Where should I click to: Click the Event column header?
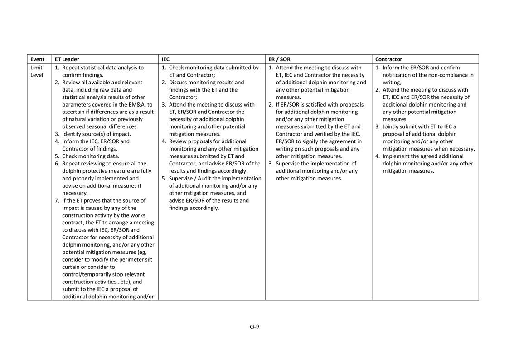tap(38, 59)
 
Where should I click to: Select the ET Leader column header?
tap(67, 59)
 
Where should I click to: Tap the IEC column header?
tap(166, 59)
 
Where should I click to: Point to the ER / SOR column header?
tap(279, 59)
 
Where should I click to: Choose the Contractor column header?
tap(388, 59)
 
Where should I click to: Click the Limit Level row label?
tap(37, 71)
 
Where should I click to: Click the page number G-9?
tap(254, 326)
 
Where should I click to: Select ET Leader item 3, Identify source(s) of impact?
tap(96, 134)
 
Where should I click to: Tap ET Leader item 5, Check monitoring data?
tap(91, 156)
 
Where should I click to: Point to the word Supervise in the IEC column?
tap(181, 179)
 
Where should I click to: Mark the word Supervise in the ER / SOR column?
tap(288, 164)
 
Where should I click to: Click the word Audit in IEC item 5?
tap(206, 179)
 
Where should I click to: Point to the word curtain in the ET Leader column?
tap(71, 267)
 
